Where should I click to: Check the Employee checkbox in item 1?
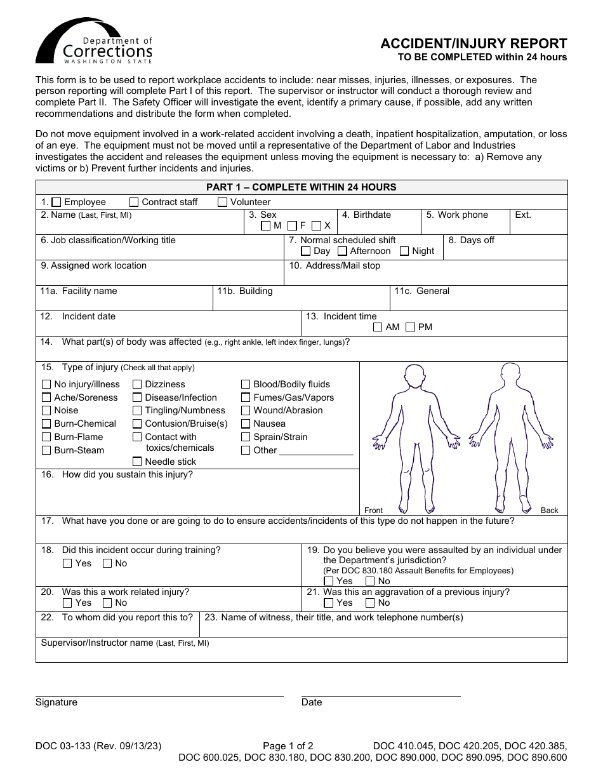tap(56, 202)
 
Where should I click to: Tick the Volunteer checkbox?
tap(223, 202)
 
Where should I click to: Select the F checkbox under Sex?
tap(292, 225)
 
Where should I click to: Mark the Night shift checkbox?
tap(404, 251)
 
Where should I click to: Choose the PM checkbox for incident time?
tap(411, 327)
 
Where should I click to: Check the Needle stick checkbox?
tap(137, 462)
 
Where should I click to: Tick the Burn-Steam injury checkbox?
tap(46, 450)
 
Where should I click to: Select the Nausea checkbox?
tap(246, 424)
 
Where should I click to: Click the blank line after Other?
tap(316, 451)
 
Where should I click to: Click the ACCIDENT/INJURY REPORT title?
tap(474, 44)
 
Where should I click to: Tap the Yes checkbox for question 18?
tap(67, 563)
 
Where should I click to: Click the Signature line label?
tap(56, 702)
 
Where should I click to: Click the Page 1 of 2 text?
tap(288, 746)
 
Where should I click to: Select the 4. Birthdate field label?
tap(366, 215)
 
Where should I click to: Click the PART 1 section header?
tap(301, 187)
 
